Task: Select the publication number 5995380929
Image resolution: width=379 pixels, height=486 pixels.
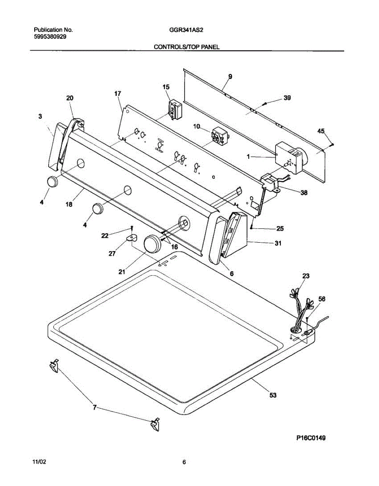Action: (x=50, y=36)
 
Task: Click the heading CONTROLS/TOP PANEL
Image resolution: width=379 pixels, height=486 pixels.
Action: (x=186, y=47)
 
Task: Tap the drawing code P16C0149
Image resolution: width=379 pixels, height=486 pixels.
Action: (x=311, y=438)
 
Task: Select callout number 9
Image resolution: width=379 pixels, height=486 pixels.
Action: (x=230, y=77)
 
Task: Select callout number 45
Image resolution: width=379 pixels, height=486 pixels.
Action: (x=321, y=131)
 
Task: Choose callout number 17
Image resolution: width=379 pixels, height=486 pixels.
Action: (x=117, y=94)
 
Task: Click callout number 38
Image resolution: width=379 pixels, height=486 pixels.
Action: (x=303, y=193)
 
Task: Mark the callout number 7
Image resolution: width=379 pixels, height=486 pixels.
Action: (x=95, y=408)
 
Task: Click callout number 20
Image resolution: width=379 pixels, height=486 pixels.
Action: (x=70, y=98)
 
